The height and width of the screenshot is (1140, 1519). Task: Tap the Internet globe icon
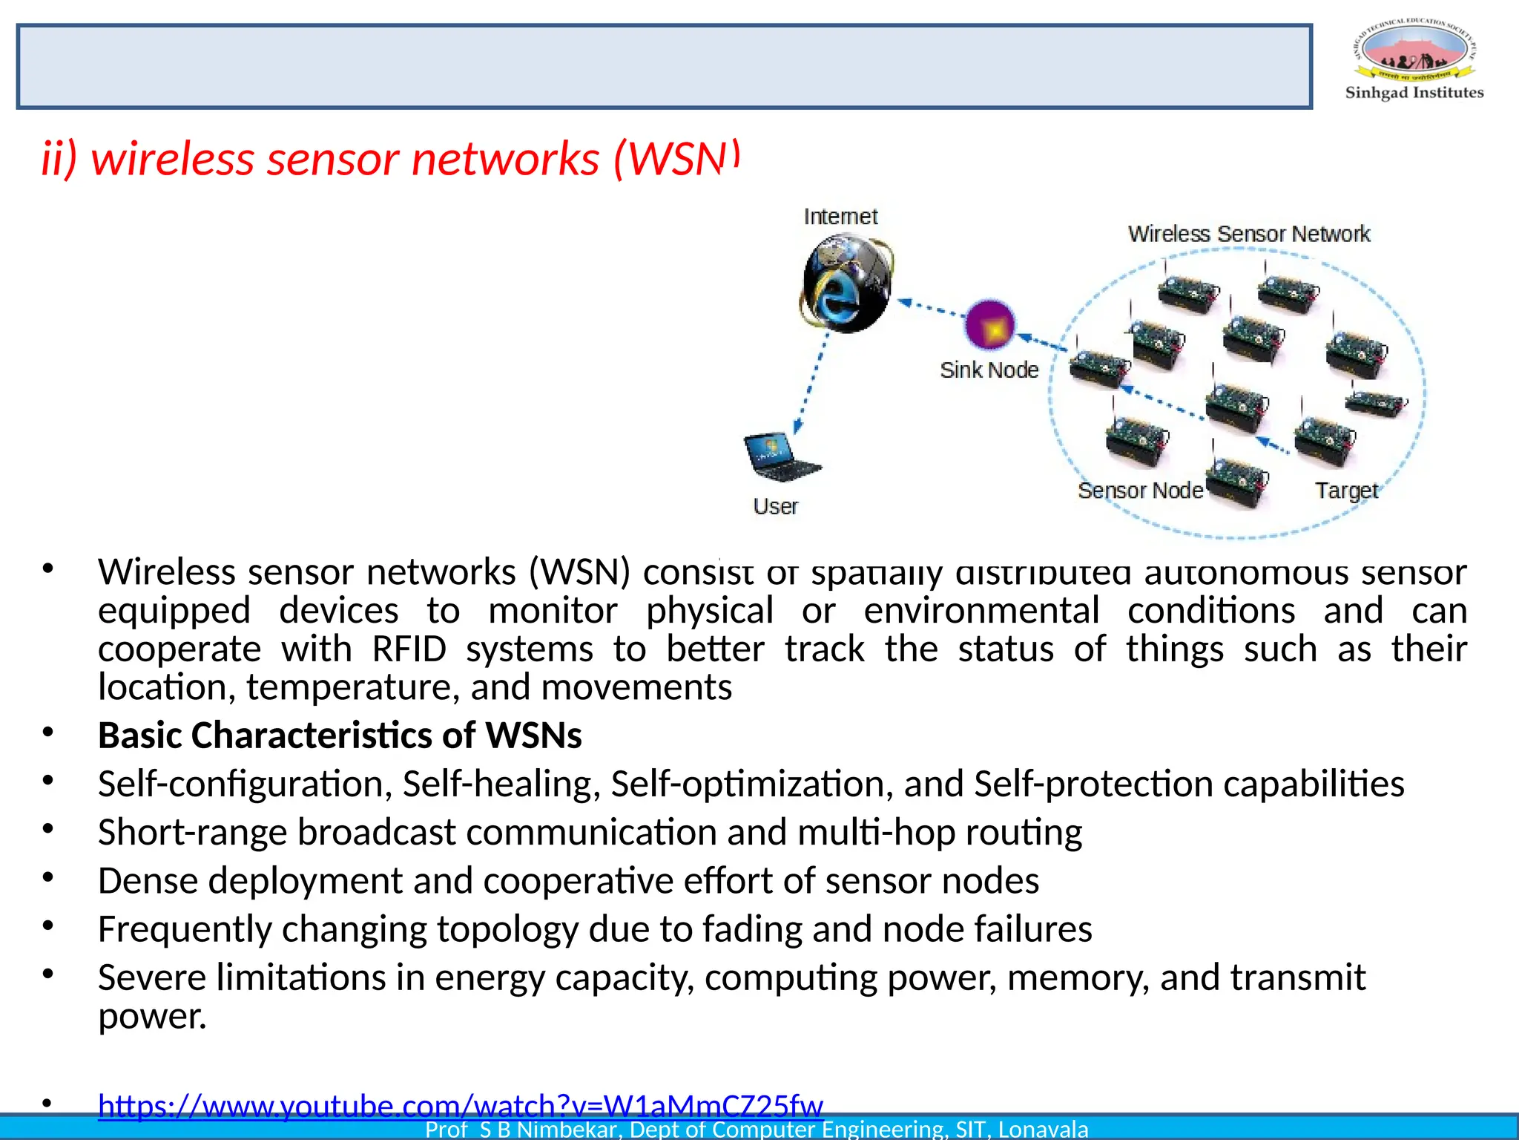(847, 283)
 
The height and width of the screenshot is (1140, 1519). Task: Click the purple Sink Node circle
(989, 324)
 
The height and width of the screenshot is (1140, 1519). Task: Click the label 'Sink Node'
(989, 370)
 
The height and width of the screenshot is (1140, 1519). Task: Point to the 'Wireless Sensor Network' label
(1248, 234)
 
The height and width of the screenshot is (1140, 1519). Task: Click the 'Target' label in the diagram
(1346, 491)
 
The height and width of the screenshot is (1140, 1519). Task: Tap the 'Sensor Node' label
(1140, 491)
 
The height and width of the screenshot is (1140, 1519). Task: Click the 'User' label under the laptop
(775, 506)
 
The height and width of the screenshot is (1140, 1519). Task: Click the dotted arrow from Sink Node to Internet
(930, 307)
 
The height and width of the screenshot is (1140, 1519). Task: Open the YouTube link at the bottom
(460, 1105)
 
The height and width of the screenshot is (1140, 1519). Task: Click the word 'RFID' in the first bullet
(409, 649)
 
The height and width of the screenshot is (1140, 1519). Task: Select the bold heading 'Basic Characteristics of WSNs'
(340, 736)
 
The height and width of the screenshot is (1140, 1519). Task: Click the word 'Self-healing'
(501, 784)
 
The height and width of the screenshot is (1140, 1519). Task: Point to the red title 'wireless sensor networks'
(345, 159)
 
